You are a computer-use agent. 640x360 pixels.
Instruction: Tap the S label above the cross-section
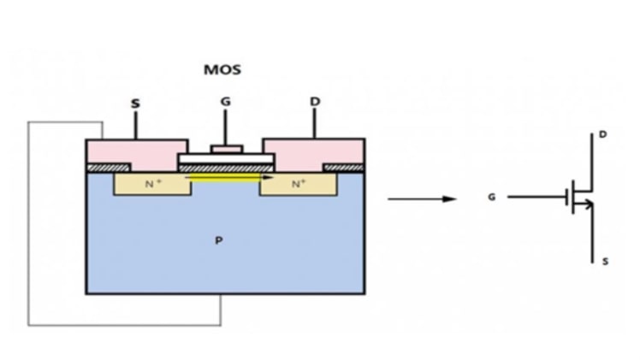134,103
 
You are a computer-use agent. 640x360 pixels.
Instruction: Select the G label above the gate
225,102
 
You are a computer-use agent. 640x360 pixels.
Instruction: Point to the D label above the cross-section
315,102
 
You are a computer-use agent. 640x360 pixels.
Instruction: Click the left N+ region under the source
152,184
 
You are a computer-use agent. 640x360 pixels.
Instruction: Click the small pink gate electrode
226,150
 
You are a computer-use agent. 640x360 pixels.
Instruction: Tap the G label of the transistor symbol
491,197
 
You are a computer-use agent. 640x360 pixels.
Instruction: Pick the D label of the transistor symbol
604,134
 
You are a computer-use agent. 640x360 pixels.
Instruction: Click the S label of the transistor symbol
605,261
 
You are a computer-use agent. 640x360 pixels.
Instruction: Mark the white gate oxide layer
226,159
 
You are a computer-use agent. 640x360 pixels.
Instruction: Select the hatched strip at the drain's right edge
344,168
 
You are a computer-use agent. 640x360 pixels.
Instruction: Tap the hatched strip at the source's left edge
108,168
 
